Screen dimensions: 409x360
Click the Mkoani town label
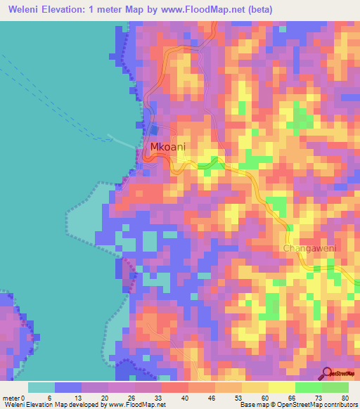(167, 147)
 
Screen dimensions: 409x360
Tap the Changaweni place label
(310, 249)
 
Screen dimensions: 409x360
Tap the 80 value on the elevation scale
(345, 398)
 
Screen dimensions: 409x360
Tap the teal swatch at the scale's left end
(41, 387)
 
